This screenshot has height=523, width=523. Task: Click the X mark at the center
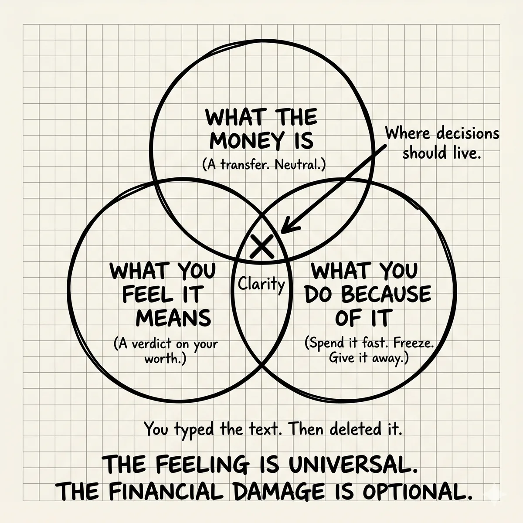tap(262, 246)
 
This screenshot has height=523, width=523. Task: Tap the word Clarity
tap(261, 284)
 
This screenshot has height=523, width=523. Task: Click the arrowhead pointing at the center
tap(290, 224)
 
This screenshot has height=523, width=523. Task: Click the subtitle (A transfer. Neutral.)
tap(264, 165)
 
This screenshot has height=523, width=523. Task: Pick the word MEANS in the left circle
tap(173, 318)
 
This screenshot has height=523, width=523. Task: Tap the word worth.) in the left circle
tap(165, 359)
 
